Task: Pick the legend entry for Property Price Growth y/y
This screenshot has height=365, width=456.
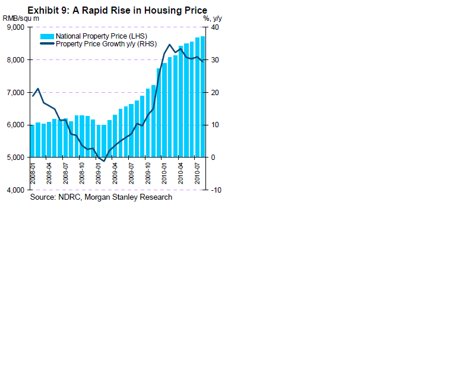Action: click(x=105, y=44)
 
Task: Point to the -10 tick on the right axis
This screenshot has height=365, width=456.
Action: click(x=216, y=190)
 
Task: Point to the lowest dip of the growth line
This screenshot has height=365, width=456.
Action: click(x=104, y=161)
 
